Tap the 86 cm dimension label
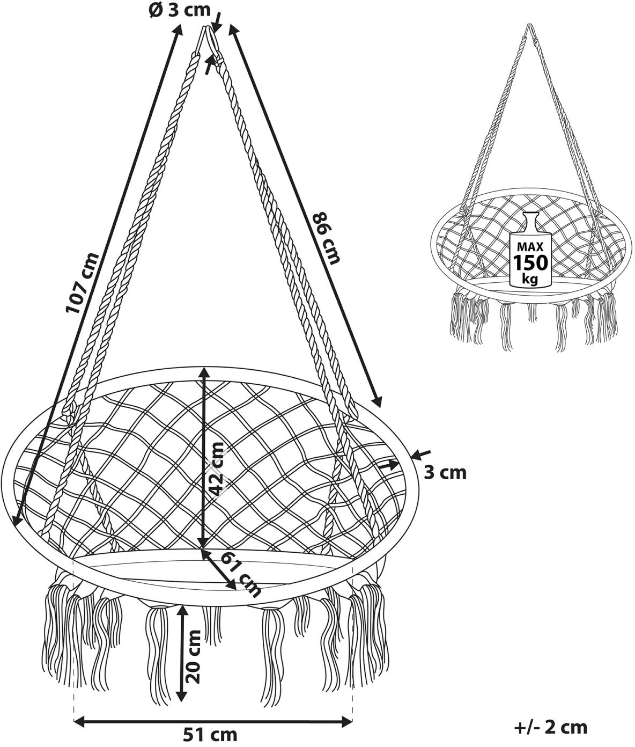327,238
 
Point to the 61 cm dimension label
240,575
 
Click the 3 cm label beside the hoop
445,473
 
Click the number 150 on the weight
530,263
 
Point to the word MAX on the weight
530,247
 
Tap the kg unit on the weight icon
530,279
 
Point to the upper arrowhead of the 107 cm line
178,30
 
